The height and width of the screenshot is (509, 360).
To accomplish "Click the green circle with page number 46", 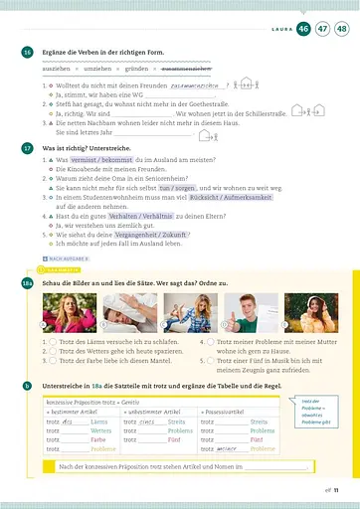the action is [x=302, y=30].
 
